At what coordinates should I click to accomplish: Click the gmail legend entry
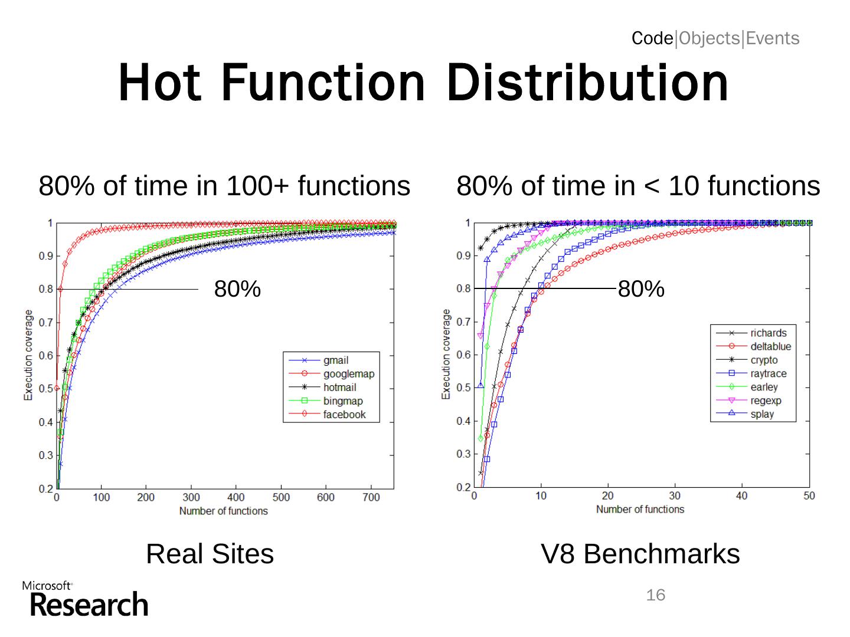pyautogui.click(x=336, y=360)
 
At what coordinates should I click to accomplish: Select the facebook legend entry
pyautogui.click(x=344, y=415)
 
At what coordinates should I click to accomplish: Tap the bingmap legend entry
pyautogui.click(x=343, y=401)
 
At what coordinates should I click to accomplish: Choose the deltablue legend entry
pyautogui.click(x=770, y=347)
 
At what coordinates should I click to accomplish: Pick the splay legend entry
pyautogui.click(x=762, y=414)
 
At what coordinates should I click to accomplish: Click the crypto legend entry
pyautogui.click(x=764, y=360)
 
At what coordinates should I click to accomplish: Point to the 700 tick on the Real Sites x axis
pyautogui.click(x=371, y=498)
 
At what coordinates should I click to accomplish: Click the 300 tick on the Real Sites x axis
pyautogui.click(x=191, y=498)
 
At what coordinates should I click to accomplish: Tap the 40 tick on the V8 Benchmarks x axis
pyautogui.click(x=741, y=496)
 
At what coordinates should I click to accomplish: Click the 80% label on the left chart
pyautogui.click(x=237, y=290)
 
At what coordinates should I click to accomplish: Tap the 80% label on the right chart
pyautogui.click(x=641, y=290)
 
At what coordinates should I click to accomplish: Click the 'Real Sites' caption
pyautogui.click(x=210, y=554)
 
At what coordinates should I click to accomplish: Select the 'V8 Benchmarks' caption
pyautogui.click(x=640, y=554)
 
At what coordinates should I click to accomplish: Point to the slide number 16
pyautogui.click(x=655, y=595)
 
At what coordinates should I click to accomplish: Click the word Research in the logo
pyautogui.click(x=89, y=605)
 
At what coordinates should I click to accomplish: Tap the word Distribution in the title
pyautogui.click(x=587, y=83)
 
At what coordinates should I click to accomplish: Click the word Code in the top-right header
pyautogui.click(x=652, y=38)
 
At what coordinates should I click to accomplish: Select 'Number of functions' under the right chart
pyautogui.click(x=640, y=509)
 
